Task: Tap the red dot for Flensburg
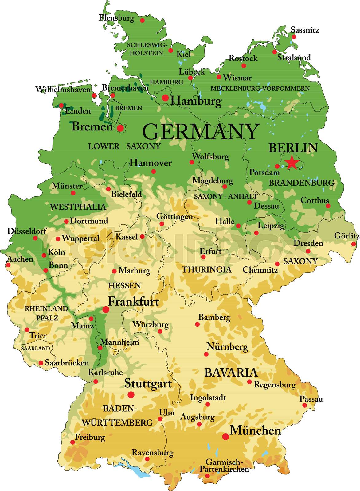click(x=142, y=20)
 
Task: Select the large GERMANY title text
click(x=201, y=132)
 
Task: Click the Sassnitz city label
click(x=305, y=30)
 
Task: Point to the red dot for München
click(x=226, y=436)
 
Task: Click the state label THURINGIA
click(x=207, y=270)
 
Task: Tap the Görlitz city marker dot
click(x=354, y=244)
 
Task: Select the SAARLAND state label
click(x=35, y=349)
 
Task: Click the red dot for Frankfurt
click(x=106, y=309)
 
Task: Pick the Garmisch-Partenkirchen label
click(x=224, y=466)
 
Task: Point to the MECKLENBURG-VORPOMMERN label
click(x=260, y=88)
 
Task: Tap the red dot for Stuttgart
click(x=131, y=395)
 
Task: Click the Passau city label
click(x=311, y=399)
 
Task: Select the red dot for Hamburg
click(x=165, y=98)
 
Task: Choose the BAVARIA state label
click(x=231, y=373)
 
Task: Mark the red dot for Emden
click(x=61, y=106)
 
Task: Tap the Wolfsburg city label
click(x=210, y=157)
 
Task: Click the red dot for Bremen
click(x=120, y=128)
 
